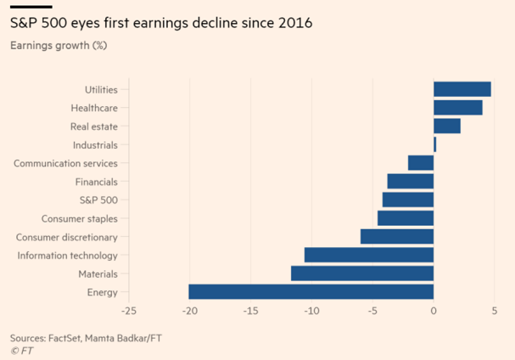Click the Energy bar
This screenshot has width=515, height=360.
(x=311, y=292)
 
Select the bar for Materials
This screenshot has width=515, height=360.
(x=362, y=273)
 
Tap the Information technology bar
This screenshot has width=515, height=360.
(x=368, y=255)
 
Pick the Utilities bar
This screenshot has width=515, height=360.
(x=462, y=89)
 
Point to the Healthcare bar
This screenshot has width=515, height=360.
(x=457, y=108)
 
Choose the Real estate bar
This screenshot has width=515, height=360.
(x=446, y=126)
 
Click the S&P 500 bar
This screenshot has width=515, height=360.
(x=407, y=200)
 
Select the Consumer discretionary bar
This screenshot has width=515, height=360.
(x=396, y=237)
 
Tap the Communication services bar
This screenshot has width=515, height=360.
(x=420, y=163)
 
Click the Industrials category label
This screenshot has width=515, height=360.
(x=95, y=145)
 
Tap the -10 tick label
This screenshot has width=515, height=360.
(x=311, y=311)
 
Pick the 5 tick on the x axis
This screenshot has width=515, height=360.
(x=495, y=311)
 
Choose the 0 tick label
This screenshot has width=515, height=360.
(x=434, y=311)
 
